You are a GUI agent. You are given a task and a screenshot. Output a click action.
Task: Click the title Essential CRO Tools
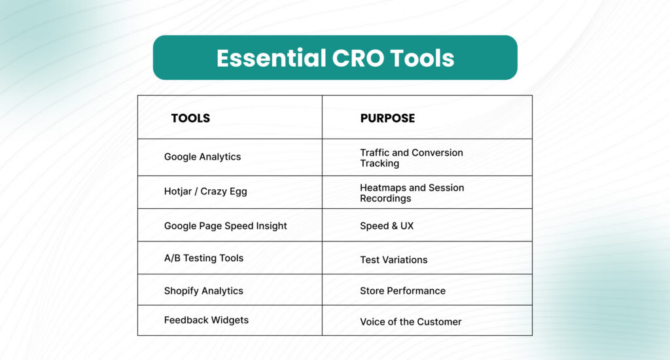tap(335, 58)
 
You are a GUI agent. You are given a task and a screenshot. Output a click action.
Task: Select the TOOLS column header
tap(190, 118)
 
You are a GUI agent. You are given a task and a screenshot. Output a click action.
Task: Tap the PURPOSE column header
tap(387, 118)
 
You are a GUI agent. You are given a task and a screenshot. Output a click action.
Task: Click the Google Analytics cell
tap(202, 157)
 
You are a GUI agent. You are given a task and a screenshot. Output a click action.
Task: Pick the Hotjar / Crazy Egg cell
tap(205, 192)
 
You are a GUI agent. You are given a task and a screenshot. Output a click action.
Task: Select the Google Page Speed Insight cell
tap(225, 226)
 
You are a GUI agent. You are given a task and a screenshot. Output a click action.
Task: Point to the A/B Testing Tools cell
tap(203, 258)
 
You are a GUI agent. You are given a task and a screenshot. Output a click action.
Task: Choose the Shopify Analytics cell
tap(203, 291)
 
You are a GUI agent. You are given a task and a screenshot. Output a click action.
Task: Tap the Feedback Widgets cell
tap(206, 320)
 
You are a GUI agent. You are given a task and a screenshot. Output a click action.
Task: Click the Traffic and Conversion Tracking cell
tap(411, 158)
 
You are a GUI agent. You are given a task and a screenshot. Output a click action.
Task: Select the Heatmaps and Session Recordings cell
tap(412, 192)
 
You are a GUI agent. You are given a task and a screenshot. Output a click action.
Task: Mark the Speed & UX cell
tap(387, 226)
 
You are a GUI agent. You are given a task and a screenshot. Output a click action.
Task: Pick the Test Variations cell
tap(393, 260)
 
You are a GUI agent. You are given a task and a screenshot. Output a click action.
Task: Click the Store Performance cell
tap(402, 291)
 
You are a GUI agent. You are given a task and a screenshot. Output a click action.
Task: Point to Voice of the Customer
tap(410, 322)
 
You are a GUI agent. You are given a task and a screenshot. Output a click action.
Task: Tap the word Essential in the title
tap(268, 58)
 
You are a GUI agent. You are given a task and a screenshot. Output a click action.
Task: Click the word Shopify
tap(181, 291)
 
